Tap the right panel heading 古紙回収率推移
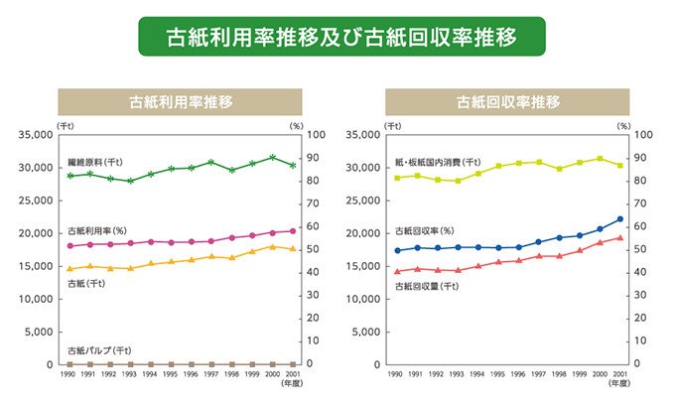508,101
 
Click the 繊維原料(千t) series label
95,161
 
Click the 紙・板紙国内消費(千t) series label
438,162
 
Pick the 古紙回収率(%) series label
424,230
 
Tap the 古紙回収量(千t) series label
426,286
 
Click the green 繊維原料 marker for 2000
272,157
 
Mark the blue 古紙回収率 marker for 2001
619,219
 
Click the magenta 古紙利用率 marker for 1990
70,246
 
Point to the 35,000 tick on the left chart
38,135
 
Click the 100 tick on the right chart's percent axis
641,135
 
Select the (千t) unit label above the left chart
66,124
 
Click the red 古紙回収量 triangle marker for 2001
619,237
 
